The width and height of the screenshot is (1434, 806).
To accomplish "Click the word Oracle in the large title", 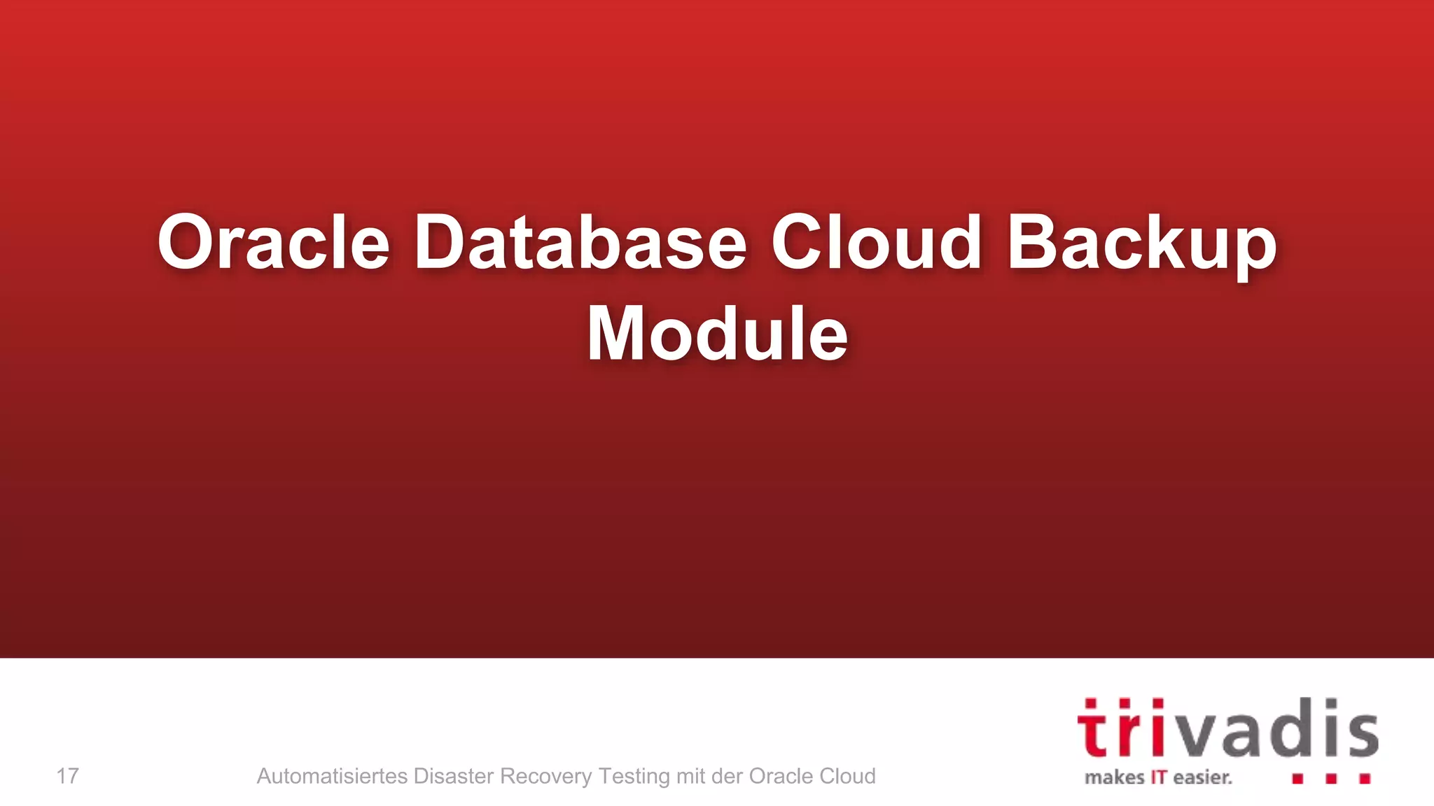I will click(273, 241).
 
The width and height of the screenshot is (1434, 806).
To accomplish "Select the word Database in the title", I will click(580, 241).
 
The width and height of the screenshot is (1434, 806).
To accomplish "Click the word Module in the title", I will click(717, 334).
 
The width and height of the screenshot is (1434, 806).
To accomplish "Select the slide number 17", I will click(67, 776).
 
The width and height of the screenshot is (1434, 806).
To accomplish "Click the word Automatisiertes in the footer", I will click(332, 776).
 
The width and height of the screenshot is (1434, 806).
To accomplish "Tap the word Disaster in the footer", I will click(454, 776).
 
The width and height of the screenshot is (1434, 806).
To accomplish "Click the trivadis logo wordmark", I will click(1227, 728).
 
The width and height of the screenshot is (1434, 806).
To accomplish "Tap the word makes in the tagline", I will click(1114, 777).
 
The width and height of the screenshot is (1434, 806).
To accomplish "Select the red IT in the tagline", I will click(1159, 777).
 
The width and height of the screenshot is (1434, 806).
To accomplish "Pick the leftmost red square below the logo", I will click(1297, 778).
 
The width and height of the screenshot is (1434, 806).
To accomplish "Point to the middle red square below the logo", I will click(1331, 778).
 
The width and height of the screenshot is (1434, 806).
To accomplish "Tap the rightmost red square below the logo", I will click(1365, 778).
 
